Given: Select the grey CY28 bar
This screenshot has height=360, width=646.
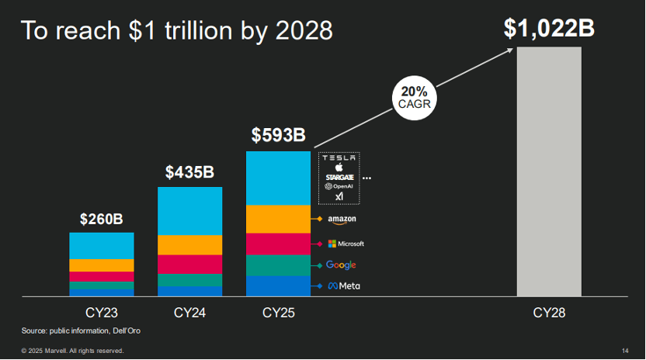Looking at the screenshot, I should (549, 171).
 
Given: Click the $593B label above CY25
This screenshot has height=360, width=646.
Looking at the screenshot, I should (278, 135).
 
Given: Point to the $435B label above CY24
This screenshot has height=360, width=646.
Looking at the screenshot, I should (189, 172).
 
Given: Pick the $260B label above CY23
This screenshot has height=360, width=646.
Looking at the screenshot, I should (101, 219).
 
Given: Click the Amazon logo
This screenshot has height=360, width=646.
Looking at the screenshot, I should (342, 220).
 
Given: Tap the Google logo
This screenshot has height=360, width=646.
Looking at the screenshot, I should (341, 265).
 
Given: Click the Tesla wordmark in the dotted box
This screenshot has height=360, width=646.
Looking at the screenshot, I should (339, 157).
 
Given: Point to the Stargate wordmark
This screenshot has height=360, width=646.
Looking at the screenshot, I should (339, 177).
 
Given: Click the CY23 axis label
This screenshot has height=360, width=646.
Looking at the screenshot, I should (101, 313).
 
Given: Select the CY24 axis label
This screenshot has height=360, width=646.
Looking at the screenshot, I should (189, 313).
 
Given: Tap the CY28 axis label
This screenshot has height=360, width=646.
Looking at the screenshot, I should (549, 313).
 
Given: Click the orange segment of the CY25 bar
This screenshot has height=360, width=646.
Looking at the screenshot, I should (278, 219).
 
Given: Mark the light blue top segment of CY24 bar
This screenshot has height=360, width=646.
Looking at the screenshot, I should (189, 210).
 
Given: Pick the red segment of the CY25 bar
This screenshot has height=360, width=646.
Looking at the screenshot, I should (278, 244).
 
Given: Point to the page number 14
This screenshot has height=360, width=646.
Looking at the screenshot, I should (625, 351).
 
